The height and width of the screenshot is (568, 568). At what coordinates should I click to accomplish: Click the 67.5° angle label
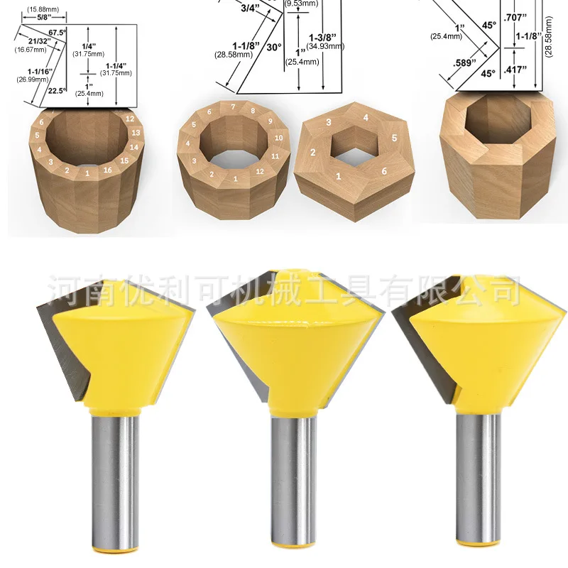(56, 33)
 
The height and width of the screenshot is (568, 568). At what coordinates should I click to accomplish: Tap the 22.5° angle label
(56, 91)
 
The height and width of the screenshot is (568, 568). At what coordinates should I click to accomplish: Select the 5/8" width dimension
(38, 18)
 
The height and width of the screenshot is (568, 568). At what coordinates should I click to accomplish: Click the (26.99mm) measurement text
(28, 79)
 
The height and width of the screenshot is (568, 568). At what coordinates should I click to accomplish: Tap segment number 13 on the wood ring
(134, 133)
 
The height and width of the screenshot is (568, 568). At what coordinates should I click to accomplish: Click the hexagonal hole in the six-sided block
(352, 145)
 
